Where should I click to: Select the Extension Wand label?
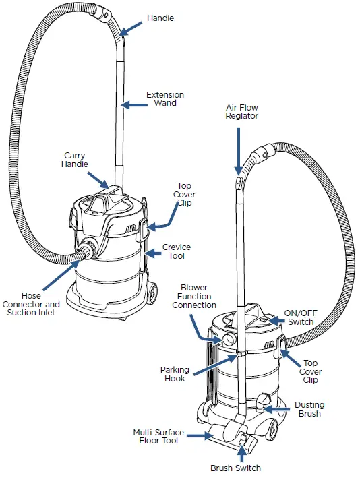(164, 100)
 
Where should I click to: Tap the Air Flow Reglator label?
(241, 111)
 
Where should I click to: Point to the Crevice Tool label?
(176, 252)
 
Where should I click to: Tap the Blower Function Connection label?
(194, 296)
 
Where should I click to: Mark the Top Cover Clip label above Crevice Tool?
(185, 195)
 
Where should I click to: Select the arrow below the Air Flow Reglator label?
(238, 149)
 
